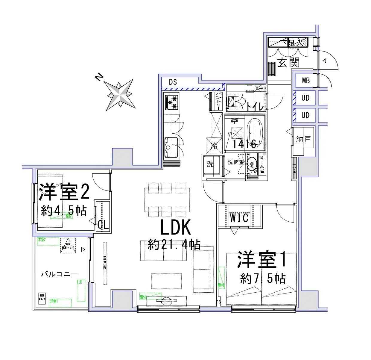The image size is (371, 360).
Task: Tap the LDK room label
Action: (176, 228)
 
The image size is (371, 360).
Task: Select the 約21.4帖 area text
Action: (174, 245)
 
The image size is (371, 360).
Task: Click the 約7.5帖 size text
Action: (263, 279)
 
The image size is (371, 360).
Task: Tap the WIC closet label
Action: (239, 218)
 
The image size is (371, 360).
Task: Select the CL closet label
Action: (103, 225)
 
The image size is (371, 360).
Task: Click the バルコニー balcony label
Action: (60, 274)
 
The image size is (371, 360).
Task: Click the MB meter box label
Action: (306, 81)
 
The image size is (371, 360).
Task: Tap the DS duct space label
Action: (173, 82)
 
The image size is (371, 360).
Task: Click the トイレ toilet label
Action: (255, 106)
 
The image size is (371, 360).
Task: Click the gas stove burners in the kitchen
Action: (171, 102)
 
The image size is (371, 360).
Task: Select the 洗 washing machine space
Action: (211, 164)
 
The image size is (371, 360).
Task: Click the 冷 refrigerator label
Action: (214, 146)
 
